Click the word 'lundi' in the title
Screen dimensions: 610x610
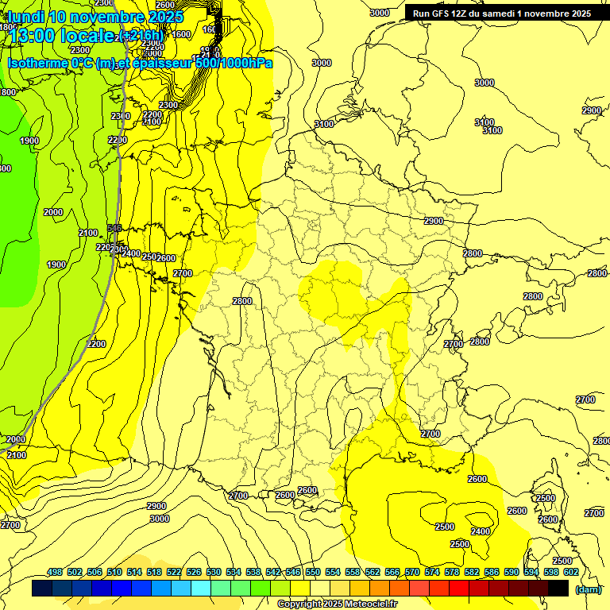(25, 17)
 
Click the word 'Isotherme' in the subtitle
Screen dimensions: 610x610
(37, 62)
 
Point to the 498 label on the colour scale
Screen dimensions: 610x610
(55, 572)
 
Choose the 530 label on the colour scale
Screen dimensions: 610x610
(214, 572)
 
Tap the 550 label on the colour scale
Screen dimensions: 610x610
(313, 572)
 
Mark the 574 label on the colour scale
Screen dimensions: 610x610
(432, 572)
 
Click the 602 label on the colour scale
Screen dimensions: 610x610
(570, 572)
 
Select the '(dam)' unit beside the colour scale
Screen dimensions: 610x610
(588, 589)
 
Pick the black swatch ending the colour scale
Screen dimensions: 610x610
(558, 589)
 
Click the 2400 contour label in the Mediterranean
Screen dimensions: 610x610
(481, 531)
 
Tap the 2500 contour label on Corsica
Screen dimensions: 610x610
(546, 498)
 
